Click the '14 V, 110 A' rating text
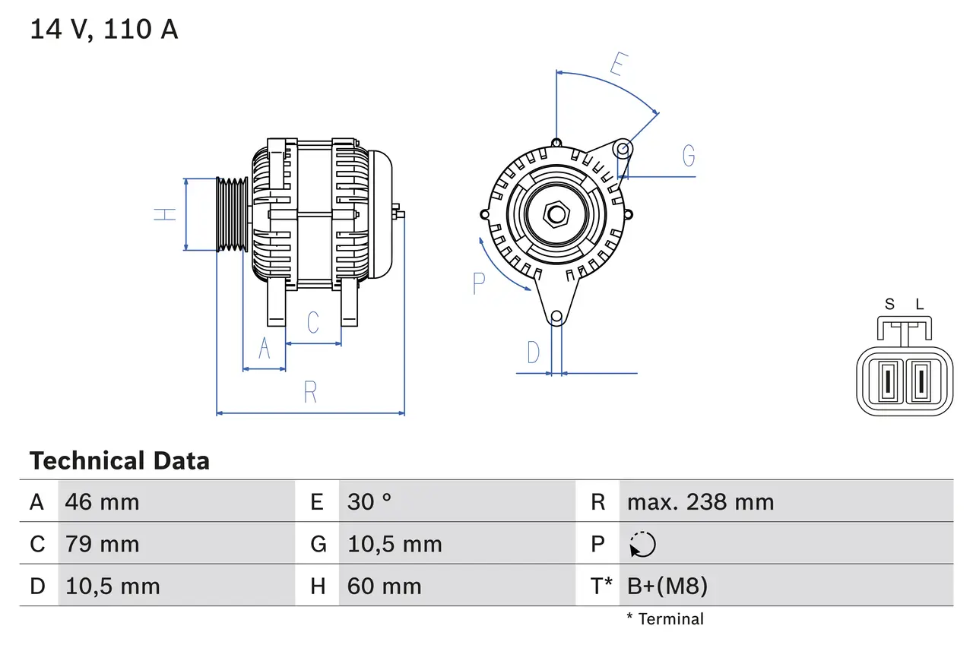[x=103, y=30]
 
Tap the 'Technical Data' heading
[x=119, y=461]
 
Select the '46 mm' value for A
[x=102, y=502]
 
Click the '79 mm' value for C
[x=102, y=544]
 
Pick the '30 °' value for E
[x=369, y=502]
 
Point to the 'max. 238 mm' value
[x=700, y=502]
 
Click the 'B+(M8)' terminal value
[x=667, y=586]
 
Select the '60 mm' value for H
[x=384, y=586]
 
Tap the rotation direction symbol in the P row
[x=642, y=545]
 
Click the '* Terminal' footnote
[x=665, y=619]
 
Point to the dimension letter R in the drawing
[x=310, y=393]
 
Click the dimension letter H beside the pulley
[x=165, y=214]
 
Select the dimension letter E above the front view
[x=617, y=65]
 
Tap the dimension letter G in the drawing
[x=689, y=156]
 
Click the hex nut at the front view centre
[x=556, y=214]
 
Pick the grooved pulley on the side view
[x=232, y=214]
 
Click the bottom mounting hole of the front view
[x=556, y=316]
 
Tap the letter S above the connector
[x=889, y=305]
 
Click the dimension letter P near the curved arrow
[x=478, y=283]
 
